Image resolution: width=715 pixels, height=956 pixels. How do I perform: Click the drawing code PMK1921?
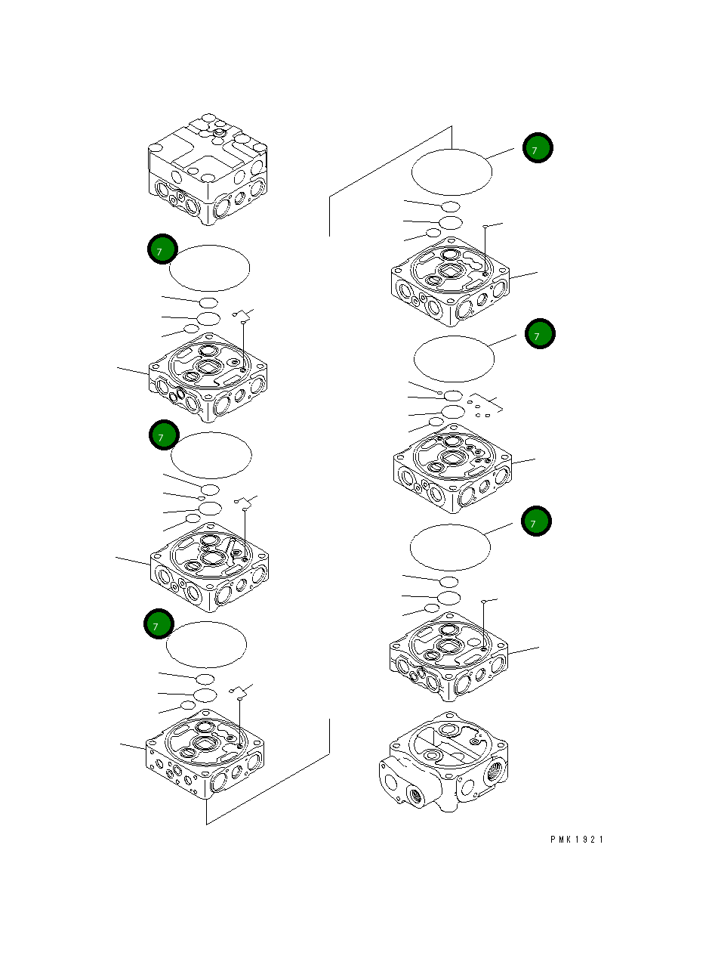click(x=577, y=840)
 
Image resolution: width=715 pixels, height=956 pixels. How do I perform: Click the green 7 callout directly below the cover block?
click(x=162, y=249)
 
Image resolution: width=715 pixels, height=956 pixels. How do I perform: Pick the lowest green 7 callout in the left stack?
click(x=159, y=626)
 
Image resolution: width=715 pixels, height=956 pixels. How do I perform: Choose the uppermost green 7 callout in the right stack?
click(x=538, y=149)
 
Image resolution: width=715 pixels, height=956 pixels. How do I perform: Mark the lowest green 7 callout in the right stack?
click(x=537, y=521)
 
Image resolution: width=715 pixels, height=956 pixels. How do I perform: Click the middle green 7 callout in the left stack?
click(x=163, y=436)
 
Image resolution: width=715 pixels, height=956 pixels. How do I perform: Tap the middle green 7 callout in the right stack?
click(x=540, y=333)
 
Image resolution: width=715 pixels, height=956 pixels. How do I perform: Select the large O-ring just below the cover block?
click(x=209, y=268)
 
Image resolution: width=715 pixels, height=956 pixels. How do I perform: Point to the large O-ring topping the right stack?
click(x=451, y=172)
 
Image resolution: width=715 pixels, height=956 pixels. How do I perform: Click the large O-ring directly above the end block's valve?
click(x=450, y=547)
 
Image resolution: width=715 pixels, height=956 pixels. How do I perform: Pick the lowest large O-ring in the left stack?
click(x=206, y=645)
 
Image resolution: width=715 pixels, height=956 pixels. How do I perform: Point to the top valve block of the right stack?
click(x=450, y=283)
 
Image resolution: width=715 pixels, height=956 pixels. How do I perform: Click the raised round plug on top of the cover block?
click(x=219, y=133)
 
